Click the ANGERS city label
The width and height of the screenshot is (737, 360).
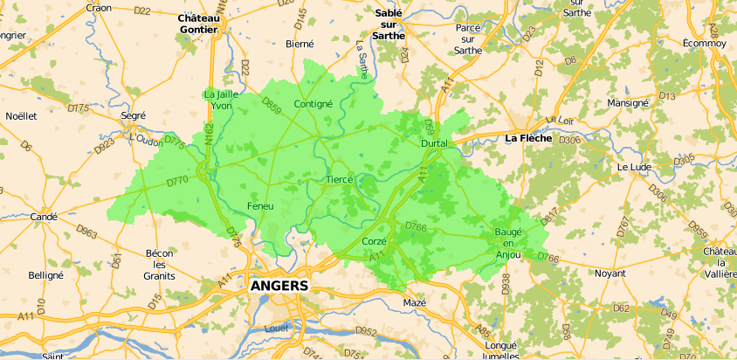pos(279,286)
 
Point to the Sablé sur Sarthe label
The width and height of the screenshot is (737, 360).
pos(389,24)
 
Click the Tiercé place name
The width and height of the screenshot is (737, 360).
pos(339,179)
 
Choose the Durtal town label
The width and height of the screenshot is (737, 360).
pos(434,142)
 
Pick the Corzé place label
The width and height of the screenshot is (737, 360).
pos(374,240)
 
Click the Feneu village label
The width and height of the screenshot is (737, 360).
pos(260,205)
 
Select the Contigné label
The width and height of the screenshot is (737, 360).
pos(313,104)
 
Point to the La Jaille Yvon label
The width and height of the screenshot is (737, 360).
pos(220,100)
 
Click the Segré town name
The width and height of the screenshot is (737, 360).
pos(134,115)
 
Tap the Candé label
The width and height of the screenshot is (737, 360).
pos(44,217)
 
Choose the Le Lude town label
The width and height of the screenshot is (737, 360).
pos(635,166)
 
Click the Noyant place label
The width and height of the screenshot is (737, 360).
pos(610,273)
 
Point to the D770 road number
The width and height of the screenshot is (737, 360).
pos(177,182)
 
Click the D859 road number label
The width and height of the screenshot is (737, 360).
pos(271,108)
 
